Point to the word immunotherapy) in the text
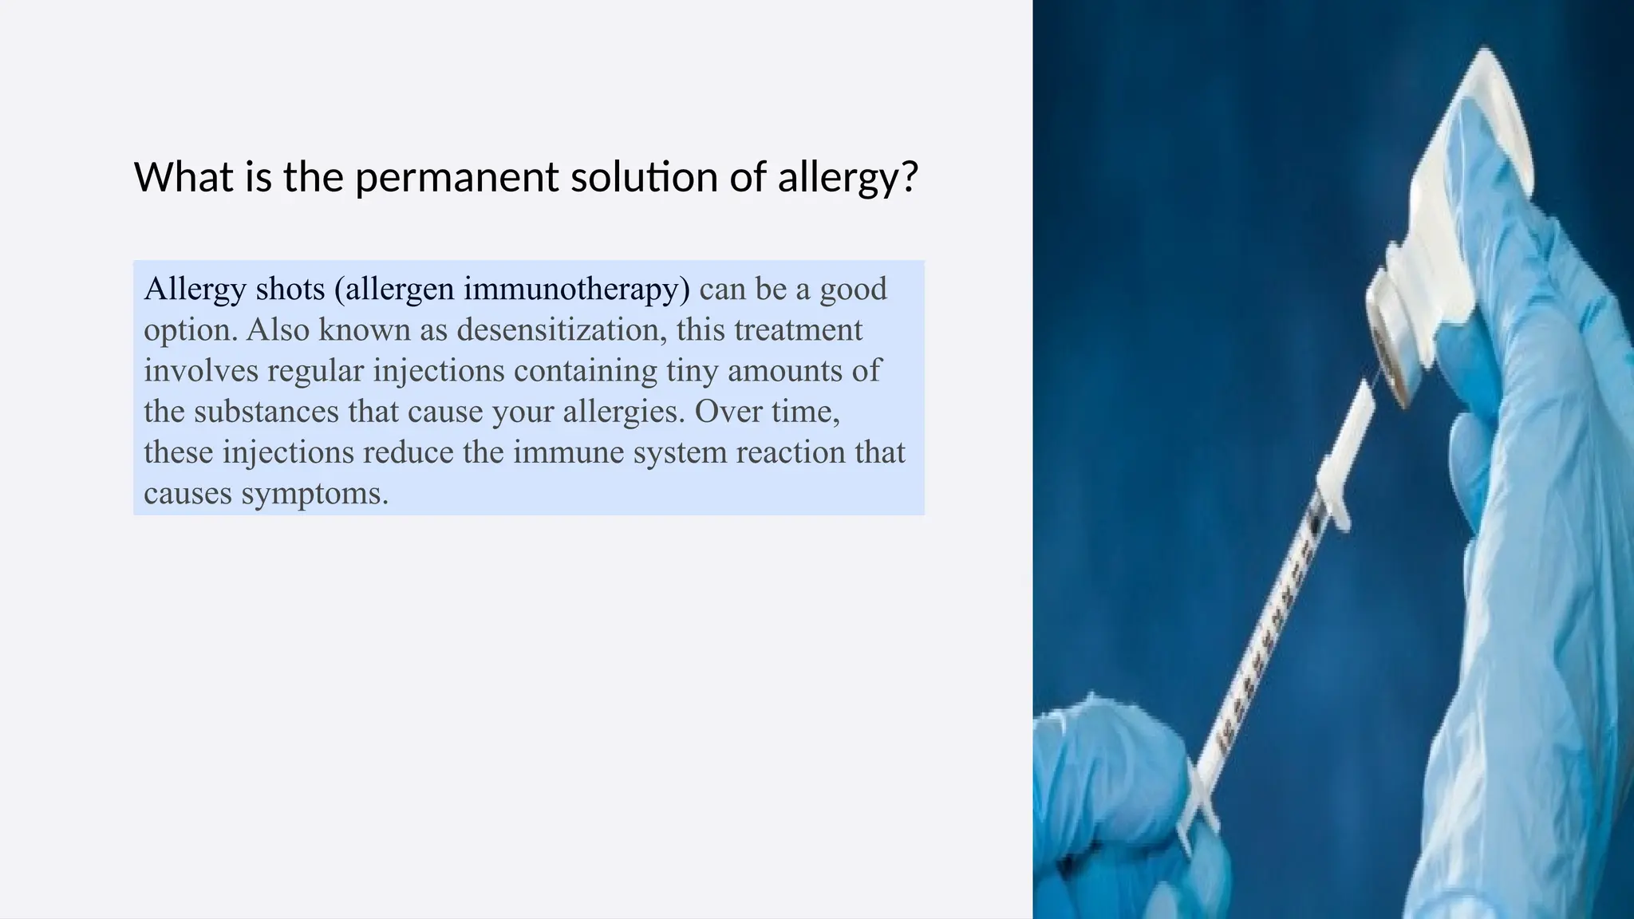576,289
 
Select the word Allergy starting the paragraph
195,289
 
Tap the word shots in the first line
290,289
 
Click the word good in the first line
853,289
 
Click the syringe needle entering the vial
1374,375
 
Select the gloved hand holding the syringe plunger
1117,790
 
